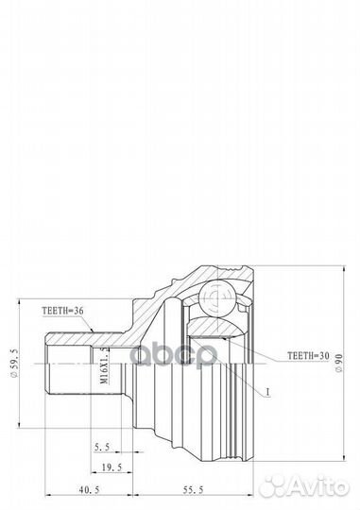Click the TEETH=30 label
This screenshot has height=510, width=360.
(284, 358)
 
